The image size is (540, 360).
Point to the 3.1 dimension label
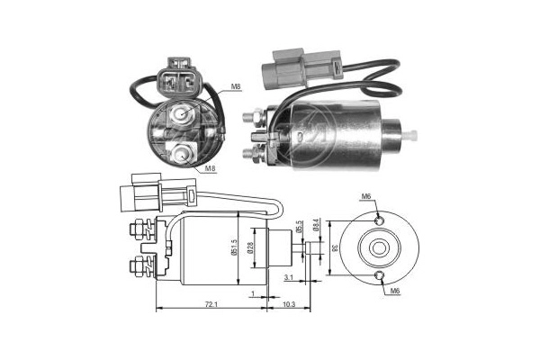288,278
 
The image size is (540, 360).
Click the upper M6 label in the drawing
365,196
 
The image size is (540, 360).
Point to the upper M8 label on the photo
236,86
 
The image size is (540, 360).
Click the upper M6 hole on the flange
379,219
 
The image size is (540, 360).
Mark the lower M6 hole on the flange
379,274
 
